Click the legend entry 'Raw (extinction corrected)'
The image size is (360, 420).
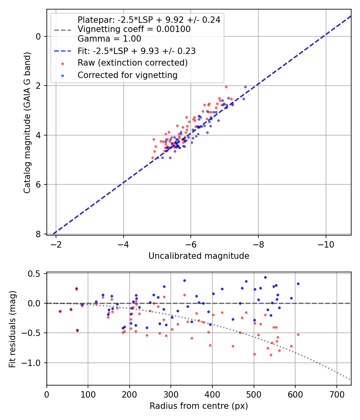point(132,63)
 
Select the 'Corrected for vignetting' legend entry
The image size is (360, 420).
point(127,75)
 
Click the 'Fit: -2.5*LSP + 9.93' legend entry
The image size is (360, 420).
point(136,51)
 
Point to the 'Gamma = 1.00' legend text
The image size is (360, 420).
point(109,39)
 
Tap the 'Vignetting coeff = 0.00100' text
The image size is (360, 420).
point(134,29)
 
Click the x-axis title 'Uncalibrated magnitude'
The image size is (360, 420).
point(199,256)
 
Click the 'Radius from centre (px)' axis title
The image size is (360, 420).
point(199,406)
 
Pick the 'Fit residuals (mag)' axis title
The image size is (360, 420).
point(12,329)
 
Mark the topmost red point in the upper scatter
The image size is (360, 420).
point(226,87)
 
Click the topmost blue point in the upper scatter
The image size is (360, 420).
point(246,87)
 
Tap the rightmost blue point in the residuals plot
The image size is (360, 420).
point(298,284)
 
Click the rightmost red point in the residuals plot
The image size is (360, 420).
point(298,334)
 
